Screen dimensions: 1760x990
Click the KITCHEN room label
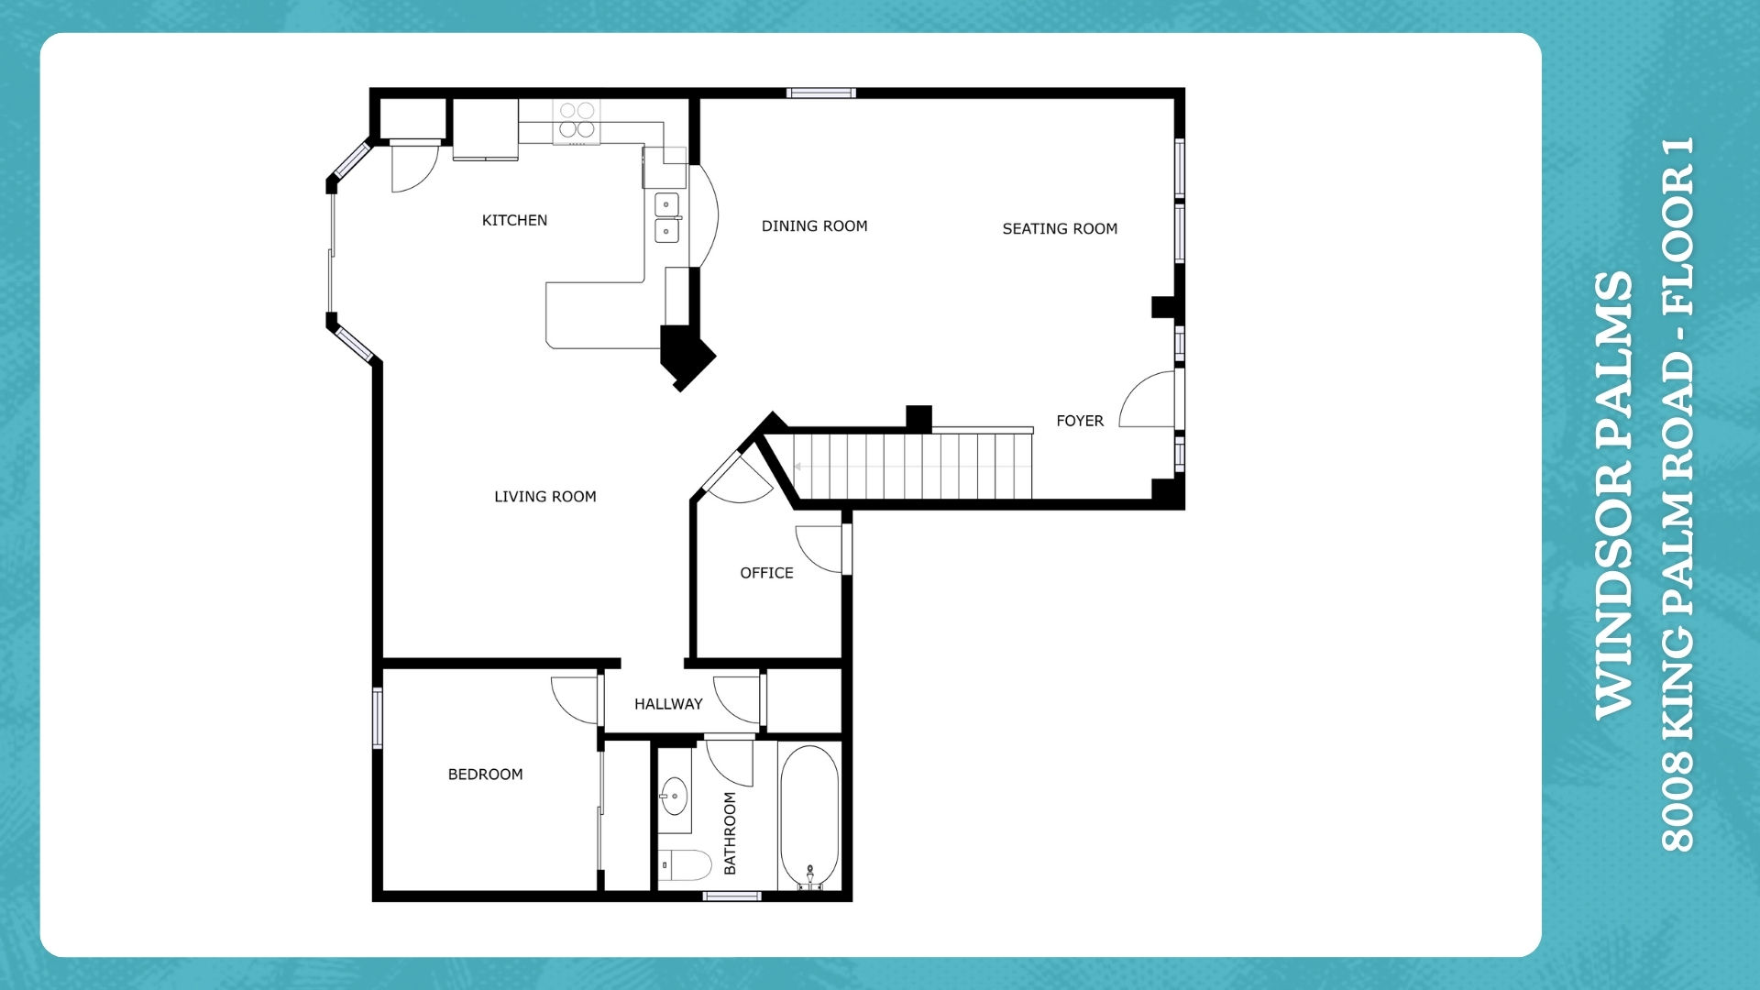tap(514, 220)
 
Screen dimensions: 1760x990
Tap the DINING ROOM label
tap(814, 225)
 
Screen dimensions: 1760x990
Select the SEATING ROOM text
tap(1060, 228)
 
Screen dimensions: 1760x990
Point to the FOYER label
tap(1080, 421)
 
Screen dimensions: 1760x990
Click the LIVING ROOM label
tap(545, 497)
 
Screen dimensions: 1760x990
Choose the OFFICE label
tap(766, 573)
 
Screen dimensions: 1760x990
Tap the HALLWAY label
tap(668, 704)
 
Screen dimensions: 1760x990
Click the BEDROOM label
tap(485, 775)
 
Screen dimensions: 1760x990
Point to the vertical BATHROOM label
tap(730, 833)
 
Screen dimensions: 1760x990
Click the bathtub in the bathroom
tap(809, 817)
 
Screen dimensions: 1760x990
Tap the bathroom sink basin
tap(675, 796)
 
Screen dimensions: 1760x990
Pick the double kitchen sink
tap(667, 217)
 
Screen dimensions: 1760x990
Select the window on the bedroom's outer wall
tap(377, 717)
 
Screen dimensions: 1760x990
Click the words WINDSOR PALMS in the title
tap(1614, 495)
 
